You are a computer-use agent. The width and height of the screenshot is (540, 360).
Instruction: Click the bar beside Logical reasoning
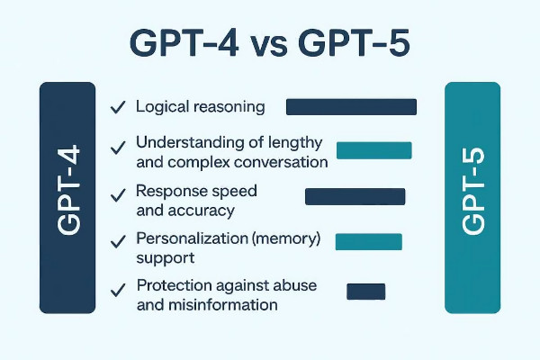351,107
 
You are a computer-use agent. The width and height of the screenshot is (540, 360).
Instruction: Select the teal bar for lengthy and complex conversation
374,150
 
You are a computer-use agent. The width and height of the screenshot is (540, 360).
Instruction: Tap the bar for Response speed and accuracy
355,197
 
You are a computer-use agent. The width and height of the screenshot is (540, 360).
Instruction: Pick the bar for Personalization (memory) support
368,241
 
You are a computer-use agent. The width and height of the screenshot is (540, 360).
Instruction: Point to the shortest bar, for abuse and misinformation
365,292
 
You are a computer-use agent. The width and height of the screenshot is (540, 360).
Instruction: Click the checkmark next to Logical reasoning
118,107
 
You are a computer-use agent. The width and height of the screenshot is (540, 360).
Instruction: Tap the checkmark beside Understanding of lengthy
118,148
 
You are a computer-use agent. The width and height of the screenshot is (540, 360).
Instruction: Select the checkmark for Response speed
118,195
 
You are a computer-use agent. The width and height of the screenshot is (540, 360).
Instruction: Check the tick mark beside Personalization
118,242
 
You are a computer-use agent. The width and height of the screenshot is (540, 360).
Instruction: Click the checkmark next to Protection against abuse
118,291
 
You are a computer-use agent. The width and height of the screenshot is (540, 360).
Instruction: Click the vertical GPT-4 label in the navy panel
68,190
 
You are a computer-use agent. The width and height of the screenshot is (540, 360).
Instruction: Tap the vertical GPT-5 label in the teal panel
472,191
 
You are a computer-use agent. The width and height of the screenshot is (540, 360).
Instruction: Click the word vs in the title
268,46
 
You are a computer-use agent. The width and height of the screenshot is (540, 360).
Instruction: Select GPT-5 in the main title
354,43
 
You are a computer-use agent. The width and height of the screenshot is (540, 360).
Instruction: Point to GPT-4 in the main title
184,43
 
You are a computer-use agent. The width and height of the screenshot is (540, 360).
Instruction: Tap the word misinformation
223,305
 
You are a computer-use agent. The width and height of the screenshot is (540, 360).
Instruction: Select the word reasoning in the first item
229,107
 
